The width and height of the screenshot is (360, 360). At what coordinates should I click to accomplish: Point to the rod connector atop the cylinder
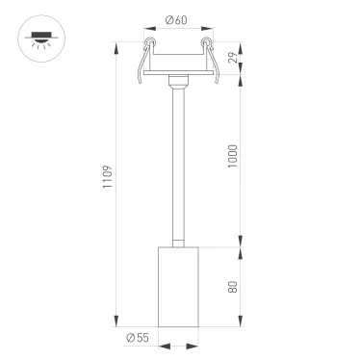pos(176,240)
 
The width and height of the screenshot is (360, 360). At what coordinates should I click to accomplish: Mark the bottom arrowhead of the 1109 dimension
pos(118,321)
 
